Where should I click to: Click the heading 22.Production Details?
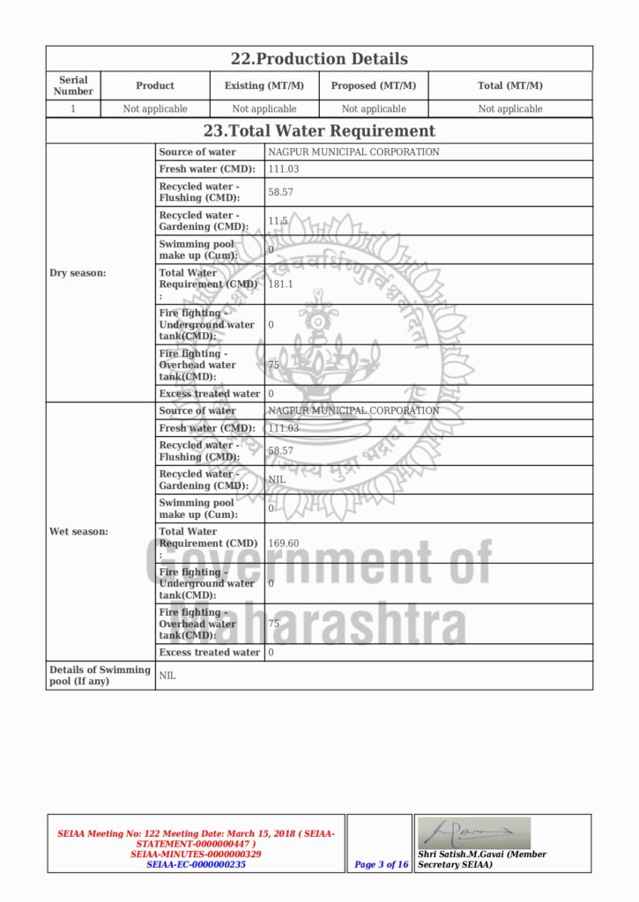click(x=319, y=59)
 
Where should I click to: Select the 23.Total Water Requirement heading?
click(x=319, y=131)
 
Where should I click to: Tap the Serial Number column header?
click(x=73, y=85)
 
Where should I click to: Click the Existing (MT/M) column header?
click(x=264, y=85)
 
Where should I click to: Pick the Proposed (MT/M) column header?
click(x=374, y=85)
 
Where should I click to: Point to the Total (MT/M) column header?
click(x=510, y=85)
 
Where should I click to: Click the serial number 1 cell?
click(x=73, y=109)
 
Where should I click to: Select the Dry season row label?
click(x=78, y=273)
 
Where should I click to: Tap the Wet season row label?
click(x=78, y=532)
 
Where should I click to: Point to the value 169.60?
click(x=284, y=543)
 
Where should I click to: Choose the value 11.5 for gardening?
click(x=279, y=221)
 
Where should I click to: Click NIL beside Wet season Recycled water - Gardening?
click(x=277, y=480)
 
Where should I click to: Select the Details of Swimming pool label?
click(x=100, y=676)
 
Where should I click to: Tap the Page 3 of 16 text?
click(x=381, y=865)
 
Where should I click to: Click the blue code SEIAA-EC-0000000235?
click(x=196, y=865)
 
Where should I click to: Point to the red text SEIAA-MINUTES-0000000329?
click(x=196, y=854)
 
